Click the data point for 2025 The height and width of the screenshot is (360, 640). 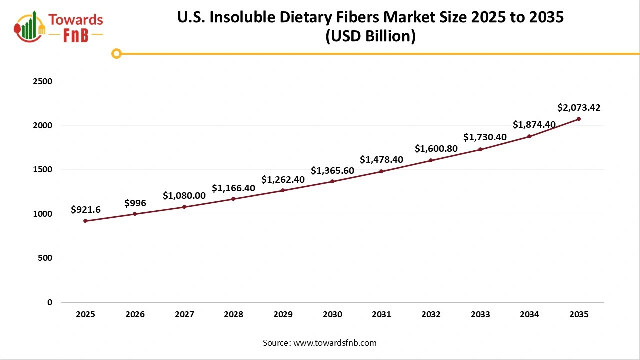85,221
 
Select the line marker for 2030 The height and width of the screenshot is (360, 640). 332,181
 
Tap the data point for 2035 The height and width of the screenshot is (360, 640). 579,119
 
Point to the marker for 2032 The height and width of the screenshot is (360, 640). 431,160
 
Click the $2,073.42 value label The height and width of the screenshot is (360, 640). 579,107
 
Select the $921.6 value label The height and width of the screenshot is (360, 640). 86,210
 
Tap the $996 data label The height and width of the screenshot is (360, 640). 135,203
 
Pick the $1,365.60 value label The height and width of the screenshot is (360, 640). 332,170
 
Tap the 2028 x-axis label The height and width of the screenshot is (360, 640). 233,315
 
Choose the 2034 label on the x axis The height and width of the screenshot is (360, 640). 529,315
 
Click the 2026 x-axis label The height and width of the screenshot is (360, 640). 135,315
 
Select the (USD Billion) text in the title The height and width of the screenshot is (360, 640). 370,36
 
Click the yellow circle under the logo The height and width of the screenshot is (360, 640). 116,54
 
